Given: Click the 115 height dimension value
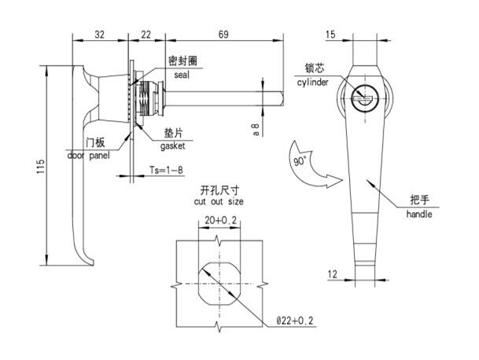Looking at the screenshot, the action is (x=41, y=166).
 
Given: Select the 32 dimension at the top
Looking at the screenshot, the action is (x=99, y=35).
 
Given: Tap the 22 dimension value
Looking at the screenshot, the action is (x=146, y=35).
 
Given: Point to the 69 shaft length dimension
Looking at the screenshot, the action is (x=223, y=35).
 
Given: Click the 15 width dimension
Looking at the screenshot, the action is (x=330, y=35).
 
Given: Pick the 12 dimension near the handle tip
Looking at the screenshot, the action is (x=333, y=274).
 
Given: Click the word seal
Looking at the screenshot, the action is (x=182, y=75).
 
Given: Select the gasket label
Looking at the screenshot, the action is (x=172, y=146).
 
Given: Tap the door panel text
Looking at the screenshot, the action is (x=88, y=156).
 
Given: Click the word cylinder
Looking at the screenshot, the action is (x=313, y=82).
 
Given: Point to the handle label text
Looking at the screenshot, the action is (x=419, y=214).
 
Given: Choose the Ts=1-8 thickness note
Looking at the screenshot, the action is (x=166, y=170).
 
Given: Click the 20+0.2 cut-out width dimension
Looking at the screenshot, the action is (x=220, y=220).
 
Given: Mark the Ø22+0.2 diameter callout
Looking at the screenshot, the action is (x=295, y=321).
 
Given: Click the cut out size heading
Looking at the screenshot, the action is (x=219, y=201).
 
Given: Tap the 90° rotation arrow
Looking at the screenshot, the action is (x=311, y=167).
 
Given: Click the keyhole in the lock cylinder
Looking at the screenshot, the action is (x=363, y=98).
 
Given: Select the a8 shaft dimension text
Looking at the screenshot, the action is (x=256, y=129).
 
